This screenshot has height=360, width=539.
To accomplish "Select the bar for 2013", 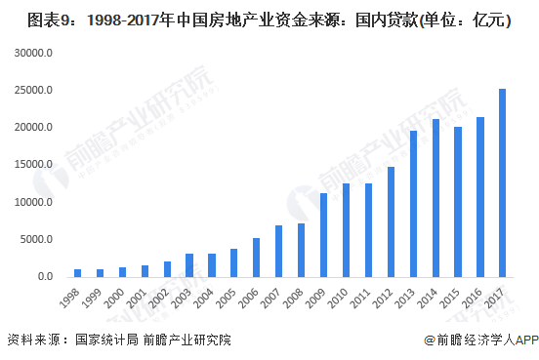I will pyautogui.click(x=414, y=204).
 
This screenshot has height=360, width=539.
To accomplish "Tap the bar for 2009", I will pyautogui.click(x=324, y=235).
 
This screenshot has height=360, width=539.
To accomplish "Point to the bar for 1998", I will pyautogui.click(x=78, y=273).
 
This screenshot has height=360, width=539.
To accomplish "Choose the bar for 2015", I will pyautogui.click(x=458, y=202).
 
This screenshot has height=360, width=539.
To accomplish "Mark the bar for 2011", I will pyautogui.click(x=368, y=230).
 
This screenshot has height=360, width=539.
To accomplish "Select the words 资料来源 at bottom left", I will pyautogui.click(x=33, y=340).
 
